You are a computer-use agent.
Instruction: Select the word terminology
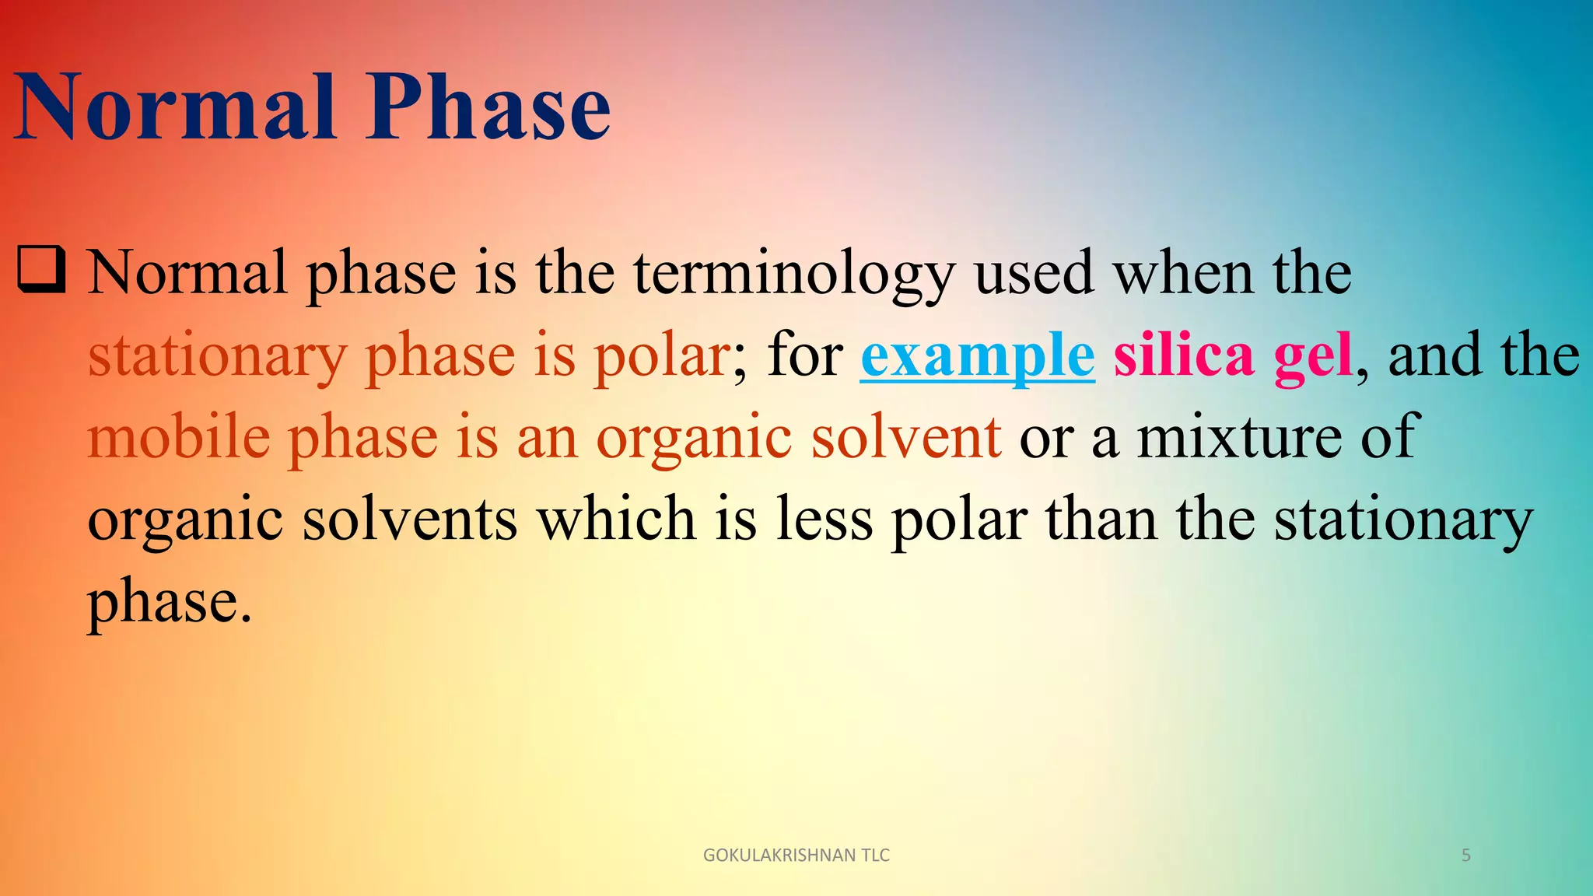tap(793, 274)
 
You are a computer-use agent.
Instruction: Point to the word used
tap(1035, 274)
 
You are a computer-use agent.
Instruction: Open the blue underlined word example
tap(978, 356)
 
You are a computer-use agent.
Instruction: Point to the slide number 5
tap(1466, 856)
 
